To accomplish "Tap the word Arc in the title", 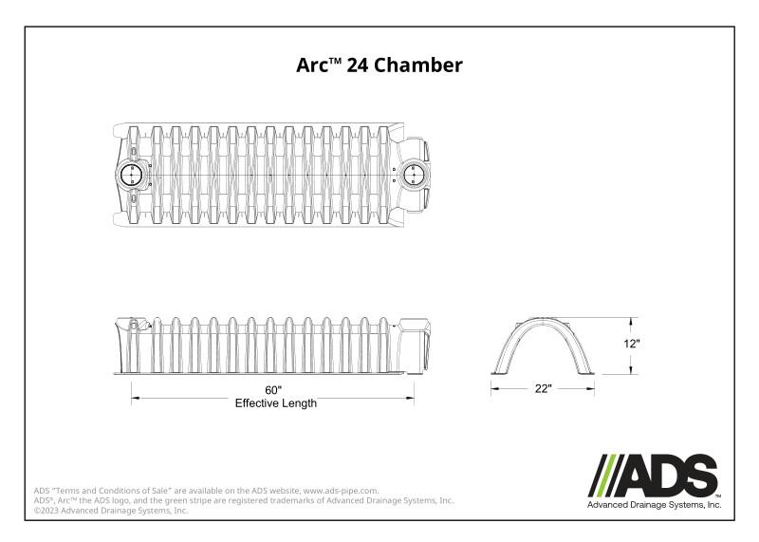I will tap(314, 65).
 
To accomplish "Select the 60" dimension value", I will tap(275, 390).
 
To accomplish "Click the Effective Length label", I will tap(275, 403).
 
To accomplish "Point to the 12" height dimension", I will tap(633, 345).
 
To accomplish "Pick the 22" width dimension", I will tap(542, 389).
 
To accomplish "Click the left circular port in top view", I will tap(132, 176).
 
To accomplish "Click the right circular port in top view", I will tap(414, 175).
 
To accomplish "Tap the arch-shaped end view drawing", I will tap(542, 346).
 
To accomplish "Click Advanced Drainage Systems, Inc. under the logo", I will tap(655, 506).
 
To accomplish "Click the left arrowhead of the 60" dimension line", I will tap(134, 398).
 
